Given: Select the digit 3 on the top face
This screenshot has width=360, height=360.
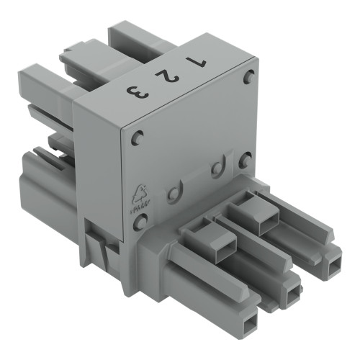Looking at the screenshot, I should [134, 91].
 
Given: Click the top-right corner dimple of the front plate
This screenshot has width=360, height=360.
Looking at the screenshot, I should [249, 77].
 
